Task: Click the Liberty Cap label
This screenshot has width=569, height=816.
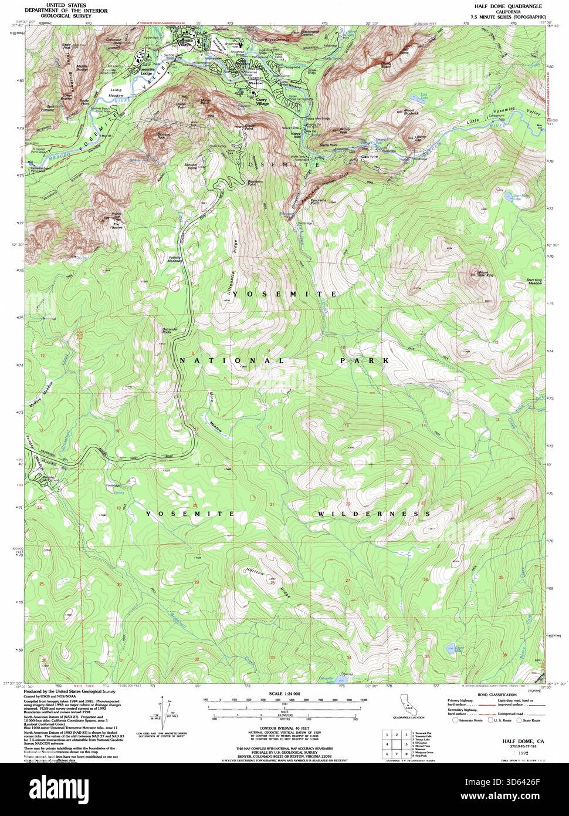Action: click(418, 140)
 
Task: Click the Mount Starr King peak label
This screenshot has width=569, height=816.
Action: click(486, 273)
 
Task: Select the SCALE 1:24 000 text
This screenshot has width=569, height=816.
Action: click(284, 693)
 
